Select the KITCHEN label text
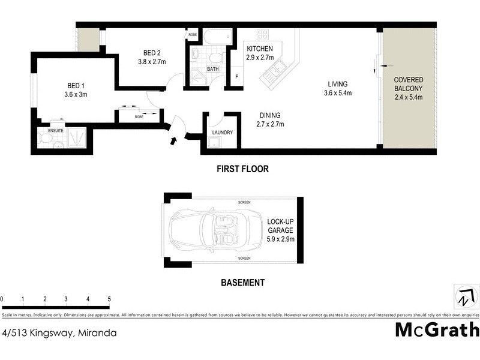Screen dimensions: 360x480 tap(260, 49)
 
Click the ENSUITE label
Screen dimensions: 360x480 tap(56, 130)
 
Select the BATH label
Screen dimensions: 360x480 tap(213, 70)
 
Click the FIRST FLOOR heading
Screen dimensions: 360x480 tap(242, 170)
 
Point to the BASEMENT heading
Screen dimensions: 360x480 tap(242, 283)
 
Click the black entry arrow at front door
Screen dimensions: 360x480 tap(173, 142)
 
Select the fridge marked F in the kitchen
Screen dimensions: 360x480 tap(236, 76)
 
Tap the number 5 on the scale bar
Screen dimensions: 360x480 tap(109, 299)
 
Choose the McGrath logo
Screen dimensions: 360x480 tap(437, 329)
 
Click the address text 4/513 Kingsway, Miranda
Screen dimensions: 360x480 tap(59, 332)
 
